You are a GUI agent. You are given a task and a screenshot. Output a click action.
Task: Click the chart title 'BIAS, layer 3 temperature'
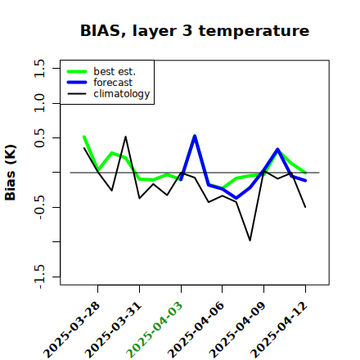195,31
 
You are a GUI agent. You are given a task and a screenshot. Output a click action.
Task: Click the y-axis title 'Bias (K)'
11,173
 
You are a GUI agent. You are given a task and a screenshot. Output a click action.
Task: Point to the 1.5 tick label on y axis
39,68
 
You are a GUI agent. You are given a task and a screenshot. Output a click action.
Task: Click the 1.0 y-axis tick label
39,103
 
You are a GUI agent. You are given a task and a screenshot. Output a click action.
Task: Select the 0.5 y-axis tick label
39,137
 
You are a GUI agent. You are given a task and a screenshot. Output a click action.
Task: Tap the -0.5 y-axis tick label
39,208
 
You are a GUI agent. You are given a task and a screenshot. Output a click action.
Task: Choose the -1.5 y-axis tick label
39,277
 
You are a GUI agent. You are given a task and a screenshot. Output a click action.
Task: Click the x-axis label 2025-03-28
72,330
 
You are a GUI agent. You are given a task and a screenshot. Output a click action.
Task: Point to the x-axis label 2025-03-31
114,330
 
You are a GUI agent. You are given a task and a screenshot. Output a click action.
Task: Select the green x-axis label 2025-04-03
155,330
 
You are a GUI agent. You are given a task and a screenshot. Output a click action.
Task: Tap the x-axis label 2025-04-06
196,330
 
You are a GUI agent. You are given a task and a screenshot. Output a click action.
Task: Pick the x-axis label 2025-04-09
238,330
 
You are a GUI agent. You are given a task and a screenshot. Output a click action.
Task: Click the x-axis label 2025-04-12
279,330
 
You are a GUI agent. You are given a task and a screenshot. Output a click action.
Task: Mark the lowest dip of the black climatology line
250,241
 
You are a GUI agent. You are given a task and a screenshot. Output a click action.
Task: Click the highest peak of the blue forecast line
195,136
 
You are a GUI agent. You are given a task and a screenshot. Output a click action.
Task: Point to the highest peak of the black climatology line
125,137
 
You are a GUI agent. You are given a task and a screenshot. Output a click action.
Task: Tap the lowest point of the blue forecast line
236,198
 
